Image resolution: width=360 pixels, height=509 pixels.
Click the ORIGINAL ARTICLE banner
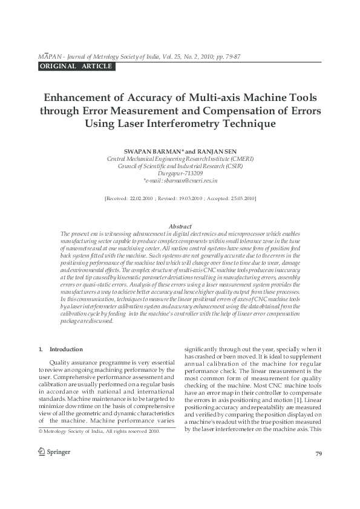tap(76, 66)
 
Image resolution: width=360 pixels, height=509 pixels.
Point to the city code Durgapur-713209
tap(180, 173)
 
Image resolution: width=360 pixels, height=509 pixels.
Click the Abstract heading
tap(180, 226)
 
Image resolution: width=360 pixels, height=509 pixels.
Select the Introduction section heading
tap(65, 349)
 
